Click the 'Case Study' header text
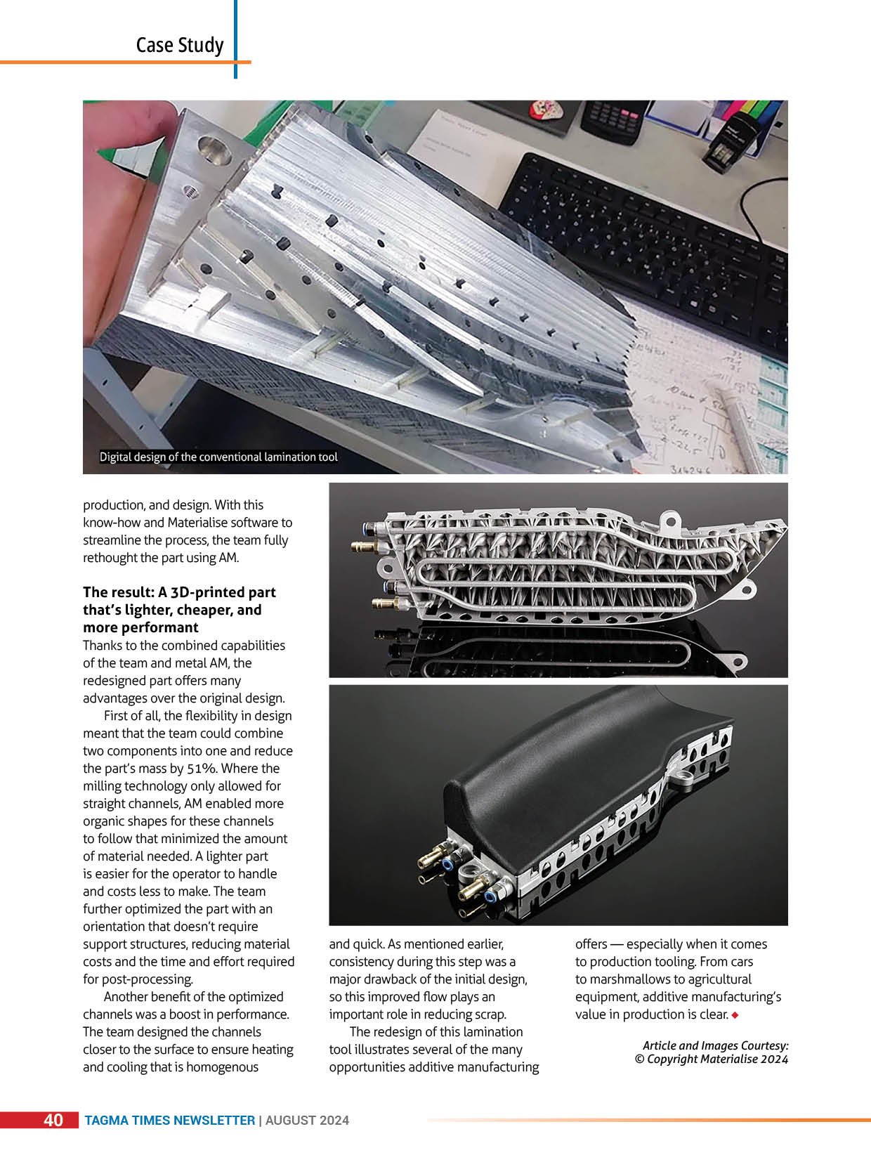180,45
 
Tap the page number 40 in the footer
53,1120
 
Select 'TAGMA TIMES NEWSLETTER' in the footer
169,1121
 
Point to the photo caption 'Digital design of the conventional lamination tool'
218,457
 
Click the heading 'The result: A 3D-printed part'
179,592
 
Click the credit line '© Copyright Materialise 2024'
711,1059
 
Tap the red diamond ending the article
735,1014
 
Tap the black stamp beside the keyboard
727,148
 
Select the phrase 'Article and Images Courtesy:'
715,1045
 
